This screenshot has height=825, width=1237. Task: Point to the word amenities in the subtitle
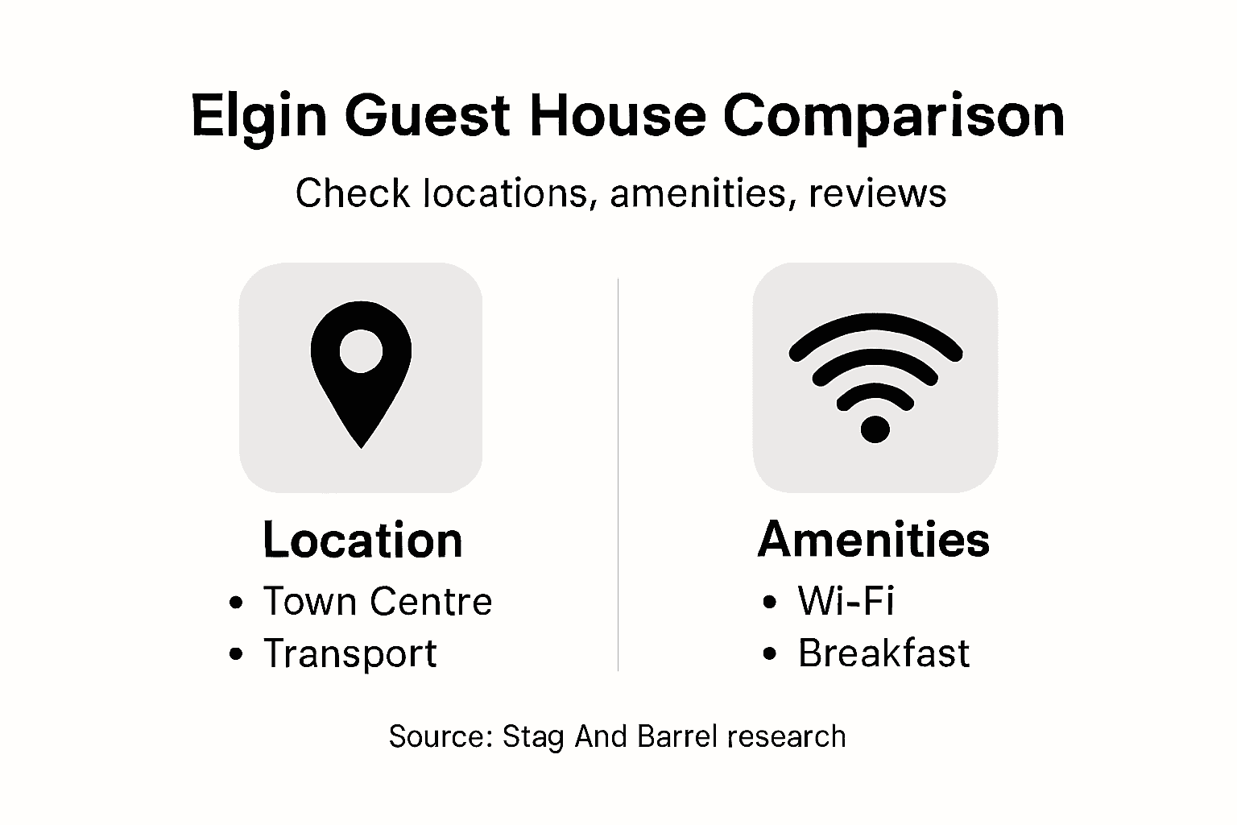coord(697,193)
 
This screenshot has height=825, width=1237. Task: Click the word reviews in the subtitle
coord(878,193)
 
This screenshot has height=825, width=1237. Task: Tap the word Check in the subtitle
coord(352,193)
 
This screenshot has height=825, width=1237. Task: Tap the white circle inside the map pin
coord(360,350)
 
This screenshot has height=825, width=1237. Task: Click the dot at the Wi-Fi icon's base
coord(875,429)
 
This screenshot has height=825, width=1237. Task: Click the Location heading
coord(362,540)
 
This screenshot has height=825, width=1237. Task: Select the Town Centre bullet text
coord(377,602)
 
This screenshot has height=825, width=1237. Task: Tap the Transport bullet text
coord(350,653)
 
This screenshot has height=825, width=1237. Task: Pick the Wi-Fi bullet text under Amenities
coord(846,601)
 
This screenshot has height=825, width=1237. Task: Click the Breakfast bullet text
coord(883,653)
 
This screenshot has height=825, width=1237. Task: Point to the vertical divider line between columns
coord(618,475)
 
